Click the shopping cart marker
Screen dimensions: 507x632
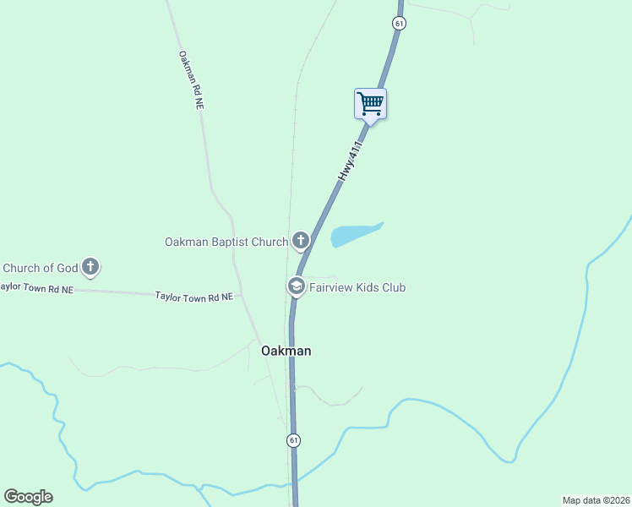370,105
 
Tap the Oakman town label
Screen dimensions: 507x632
286,351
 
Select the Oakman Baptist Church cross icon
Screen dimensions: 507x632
300,242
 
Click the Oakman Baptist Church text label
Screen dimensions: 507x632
226,243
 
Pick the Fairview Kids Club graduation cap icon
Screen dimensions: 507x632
297,287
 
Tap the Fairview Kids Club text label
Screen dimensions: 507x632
357,288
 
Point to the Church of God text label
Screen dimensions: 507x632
40,269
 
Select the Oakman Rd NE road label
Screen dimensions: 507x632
191,80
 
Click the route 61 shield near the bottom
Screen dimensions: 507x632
292,440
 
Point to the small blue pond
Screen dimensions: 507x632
354,234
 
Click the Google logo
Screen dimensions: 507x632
28,497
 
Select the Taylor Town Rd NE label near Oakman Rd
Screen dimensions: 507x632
193,297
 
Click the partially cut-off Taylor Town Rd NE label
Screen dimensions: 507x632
37,287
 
